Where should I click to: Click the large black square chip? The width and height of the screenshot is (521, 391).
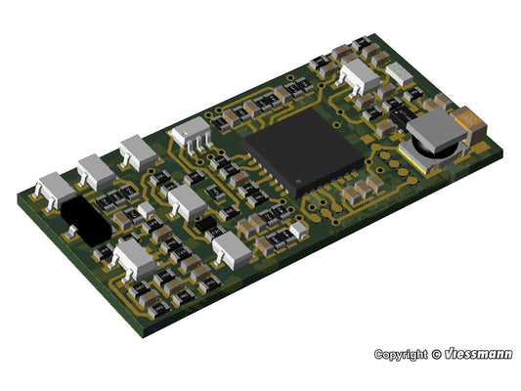point(303,152)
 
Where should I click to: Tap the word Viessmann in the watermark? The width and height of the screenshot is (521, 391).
point(478,354)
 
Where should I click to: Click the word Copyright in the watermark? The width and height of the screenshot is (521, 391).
point(401,355)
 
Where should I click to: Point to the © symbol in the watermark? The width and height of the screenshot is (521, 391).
point(436,355)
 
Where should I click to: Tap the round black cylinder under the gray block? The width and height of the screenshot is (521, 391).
point(432,151)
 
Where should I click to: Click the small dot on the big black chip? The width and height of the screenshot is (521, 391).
point(298,182)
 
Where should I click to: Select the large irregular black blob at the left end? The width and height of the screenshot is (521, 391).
point(86,219)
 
